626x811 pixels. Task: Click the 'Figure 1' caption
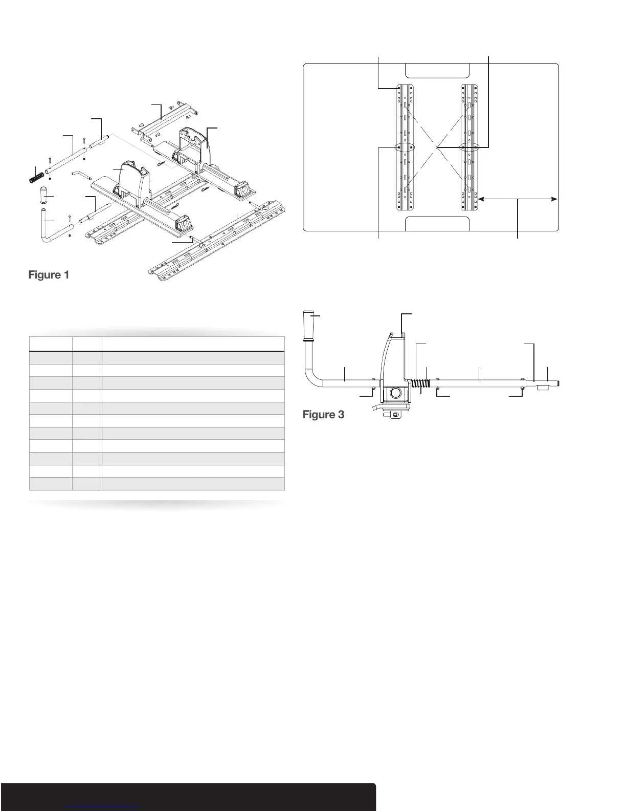coord(49,275)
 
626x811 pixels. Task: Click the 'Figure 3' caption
coord(323,414)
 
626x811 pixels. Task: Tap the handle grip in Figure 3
coord(310,325)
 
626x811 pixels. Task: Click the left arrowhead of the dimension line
coord(481,200)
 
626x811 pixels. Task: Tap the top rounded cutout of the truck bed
coord(437,71)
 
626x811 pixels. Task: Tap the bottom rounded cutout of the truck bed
coord(437,224)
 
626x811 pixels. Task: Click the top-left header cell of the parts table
coord(51,344)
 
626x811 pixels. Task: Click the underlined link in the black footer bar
coord(102,807)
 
